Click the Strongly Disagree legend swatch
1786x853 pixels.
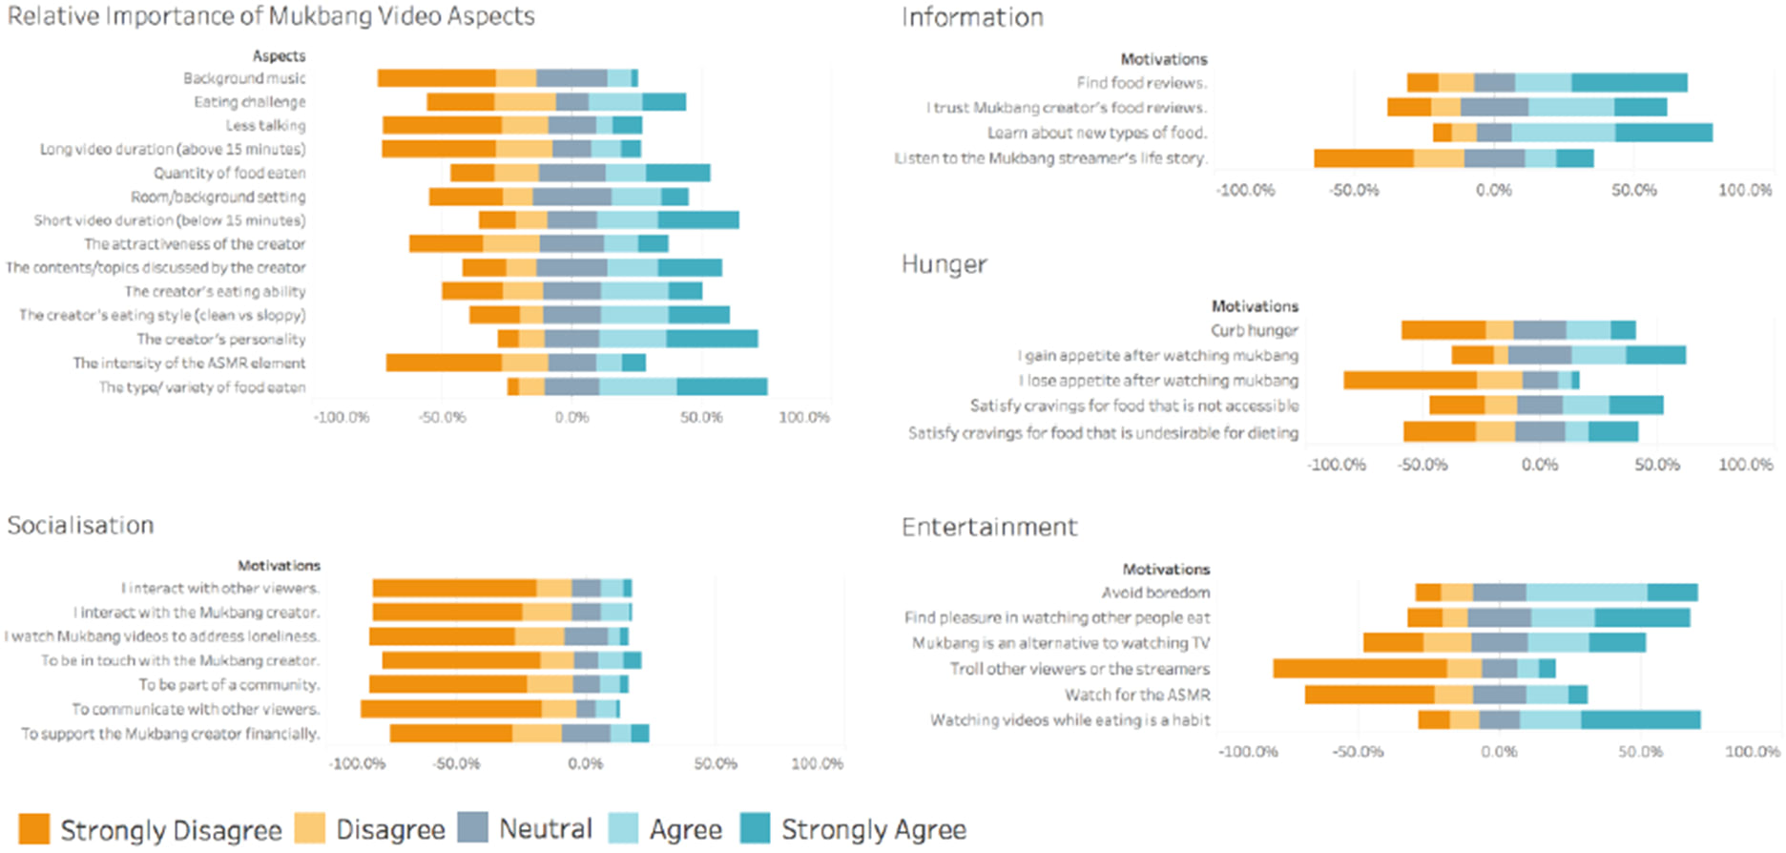[x=33, y=828]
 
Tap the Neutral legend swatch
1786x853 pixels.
[x=473, y=828]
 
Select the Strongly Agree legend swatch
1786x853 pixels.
[x=756, y=828]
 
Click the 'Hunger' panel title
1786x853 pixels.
[x=944, y=264]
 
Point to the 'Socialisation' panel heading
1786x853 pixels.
[x=80, y=526]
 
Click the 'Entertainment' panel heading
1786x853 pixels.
[x=989, y=528]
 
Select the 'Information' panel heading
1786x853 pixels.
[x=972, y=17]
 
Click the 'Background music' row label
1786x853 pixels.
[x=244, y=78]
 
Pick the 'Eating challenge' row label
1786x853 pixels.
[x=250, y=102]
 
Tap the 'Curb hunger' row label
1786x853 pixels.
[x=1254, y=330]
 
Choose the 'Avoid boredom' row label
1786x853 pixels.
[x=1155, y=593]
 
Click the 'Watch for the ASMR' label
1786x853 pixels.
[x=1137, y=695]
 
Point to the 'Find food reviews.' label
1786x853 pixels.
[x=1141, y=83]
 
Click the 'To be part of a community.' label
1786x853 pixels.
[x=229, y=684]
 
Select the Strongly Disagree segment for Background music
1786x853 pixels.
[x=436, y=78]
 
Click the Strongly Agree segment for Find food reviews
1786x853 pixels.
[x=1629, y=83]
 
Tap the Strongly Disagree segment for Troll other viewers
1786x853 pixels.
[x=1360, y=669]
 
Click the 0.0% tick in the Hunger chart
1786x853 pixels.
[x=1539, y=465]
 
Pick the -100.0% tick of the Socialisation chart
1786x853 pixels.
[x=357, y=763]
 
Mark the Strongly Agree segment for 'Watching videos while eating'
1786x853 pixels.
[x=1640, y=719]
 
